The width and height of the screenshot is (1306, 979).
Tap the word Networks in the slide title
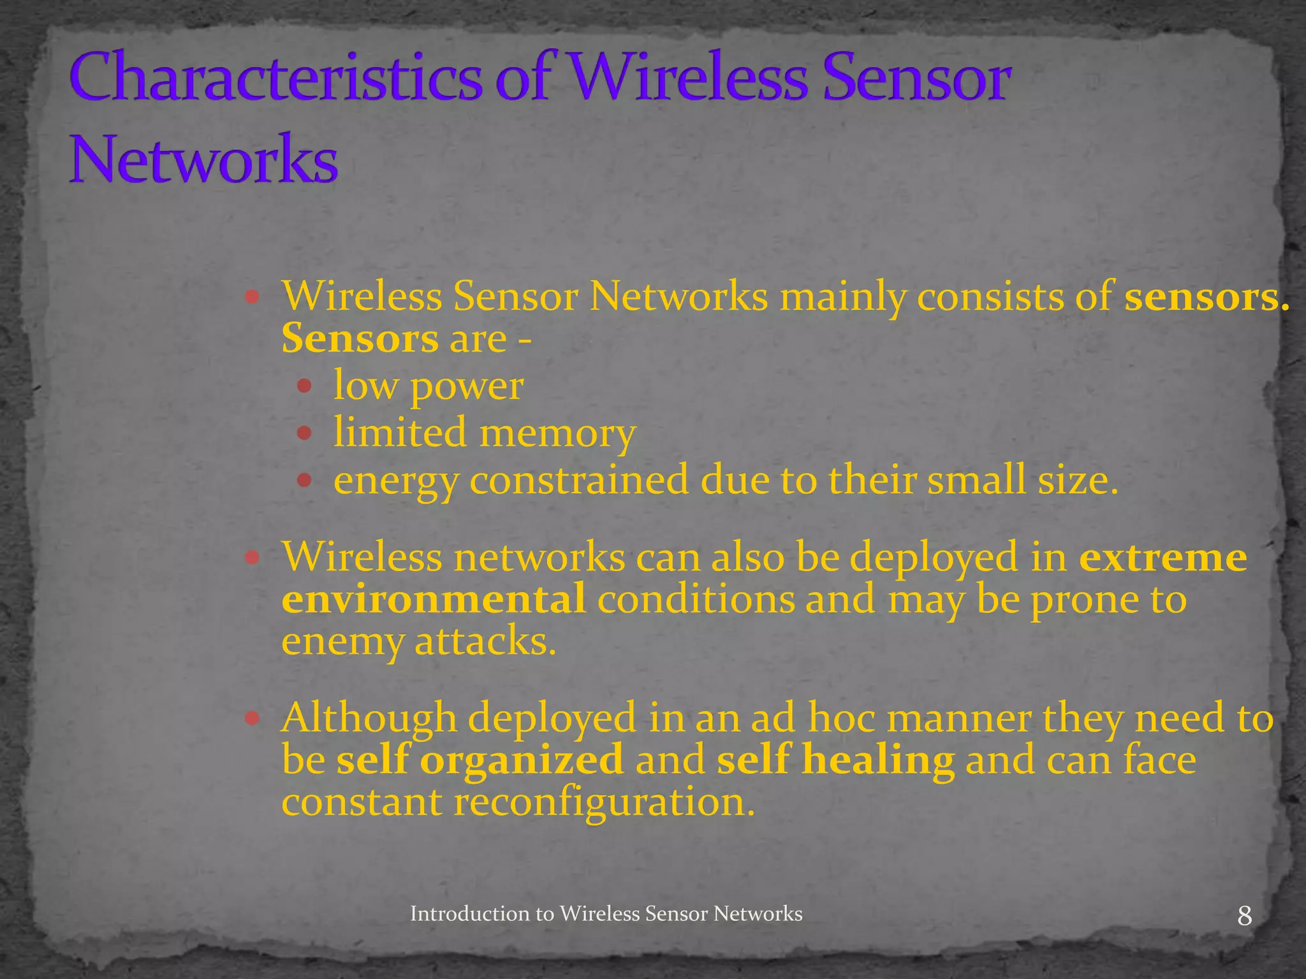point(203,159)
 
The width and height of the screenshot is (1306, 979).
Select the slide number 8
point(1244,916)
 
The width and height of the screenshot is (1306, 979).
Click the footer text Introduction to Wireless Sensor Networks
point(606,913)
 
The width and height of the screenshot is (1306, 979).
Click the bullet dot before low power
point(304,386)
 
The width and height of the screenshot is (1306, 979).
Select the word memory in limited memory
point(557,433)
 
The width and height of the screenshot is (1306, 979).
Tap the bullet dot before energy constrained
point(304,480)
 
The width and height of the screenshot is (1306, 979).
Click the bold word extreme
point(1163,558)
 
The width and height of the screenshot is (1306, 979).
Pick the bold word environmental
point(434,599)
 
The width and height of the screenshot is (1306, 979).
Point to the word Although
point(369,718)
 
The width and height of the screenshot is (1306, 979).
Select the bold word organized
point(521,760)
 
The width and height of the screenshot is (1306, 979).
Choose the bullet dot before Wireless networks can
point(252,558)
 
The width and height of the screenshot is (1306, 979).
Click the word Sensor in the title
point(916,78)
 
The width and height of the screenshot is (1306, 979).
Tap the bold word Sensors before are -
point(360,338)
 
